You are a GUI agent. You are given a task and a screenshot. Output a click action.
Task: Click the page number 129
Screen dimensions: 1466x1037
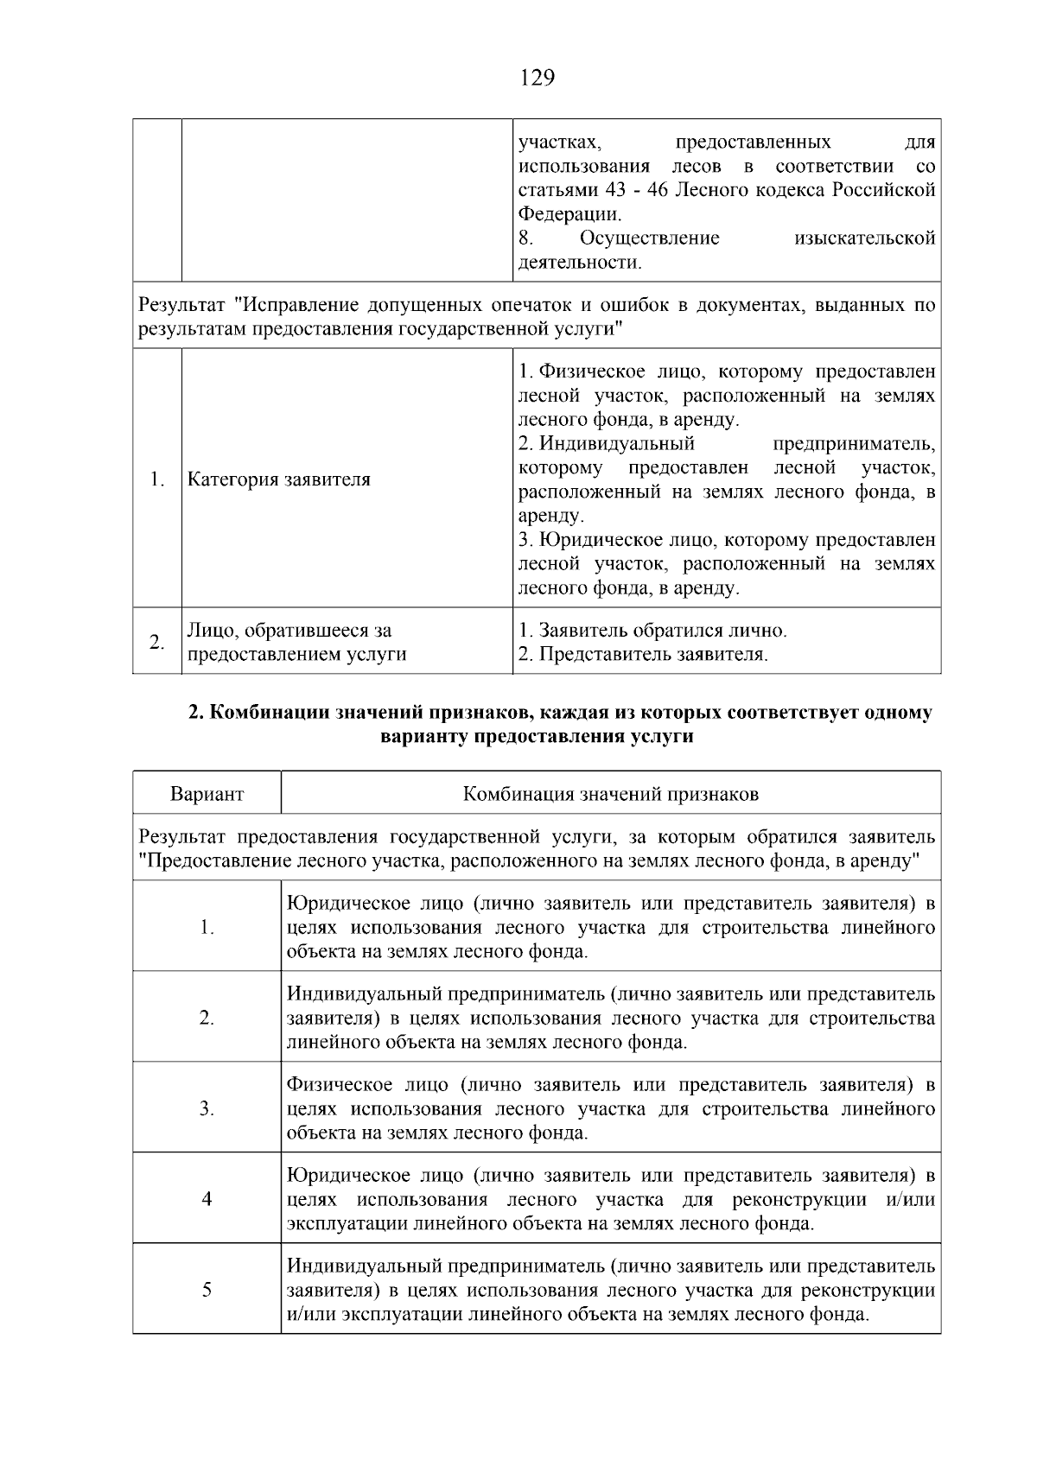[x=537, y=78]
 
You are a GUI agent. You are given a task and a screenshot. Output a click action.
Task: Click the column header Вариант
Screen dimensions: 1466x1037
[x=207, y=794]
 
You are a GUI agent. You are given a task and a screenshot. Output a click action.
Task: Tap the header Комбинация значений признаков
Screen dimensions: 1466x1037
[x=610, y=794]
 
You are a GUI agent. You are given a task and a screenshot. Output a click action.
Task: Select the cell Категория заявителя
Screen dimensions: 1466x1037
[x=279, y=479]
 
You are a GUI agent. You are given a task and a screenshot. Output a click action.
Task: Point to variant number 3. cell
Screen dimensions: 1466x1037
[x=207, y=1108]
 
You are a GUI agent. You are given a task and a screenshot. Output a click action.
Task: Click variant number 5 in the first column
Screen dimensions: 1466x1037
[x=207, y=1290]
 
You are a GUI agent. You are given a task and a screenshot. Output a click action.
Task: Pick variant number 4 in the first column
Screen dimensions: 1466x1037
[x=207, y=1199]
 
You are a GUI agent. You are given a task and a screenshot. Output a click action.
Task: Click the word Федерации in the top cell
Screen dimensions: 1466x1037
[x=569, y=213]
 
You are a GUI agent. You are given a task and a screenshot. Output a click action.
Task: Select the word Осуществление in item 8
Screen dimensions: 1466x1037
[x=649, y=238]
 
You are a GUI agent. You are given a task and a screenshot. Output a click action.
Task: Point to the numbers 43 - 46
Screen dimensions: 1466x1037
[x=633, y=189]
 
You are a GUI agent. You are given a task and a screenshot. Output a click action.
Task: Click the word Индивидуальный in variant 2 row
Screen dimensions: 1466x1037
[x=365, y=994]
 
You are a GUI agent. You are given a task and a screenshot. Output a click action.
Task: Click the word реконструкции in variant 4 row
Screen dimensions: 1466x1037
[x=798, y=1199]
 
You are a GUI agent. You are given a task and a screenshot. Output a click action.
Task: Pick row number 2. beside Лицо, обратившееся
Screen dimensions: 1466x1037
[x=156, y=642]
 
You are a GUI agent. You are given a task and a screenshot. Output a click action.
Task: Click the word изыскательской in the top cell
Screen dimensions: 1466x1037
[x=864, y=238]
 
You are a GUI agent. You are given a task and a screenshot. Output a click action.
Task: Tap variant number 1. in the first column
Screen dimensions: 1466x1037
[x=207, y=927]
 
